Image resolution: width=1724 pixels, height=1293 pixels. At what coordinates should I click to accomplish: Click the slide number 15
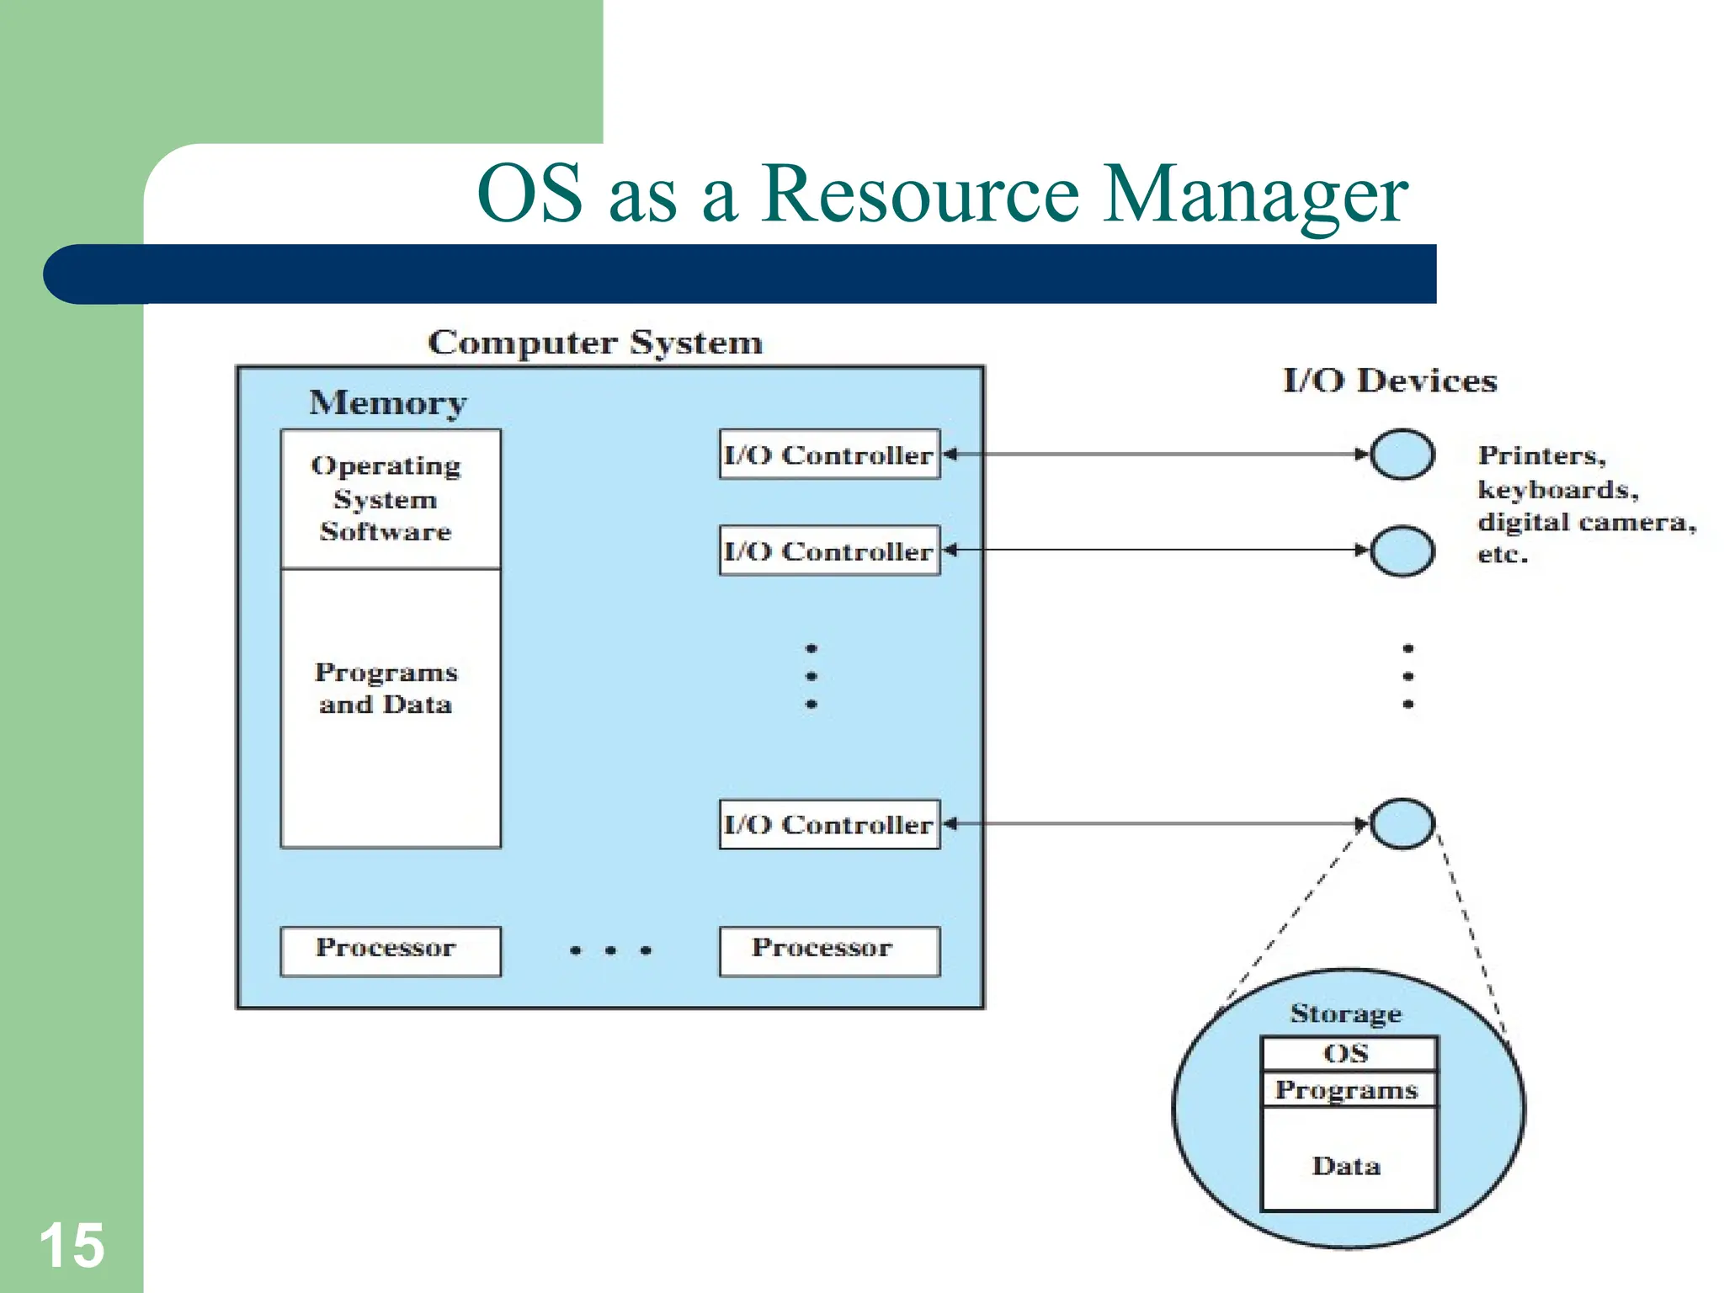pos(72,1246)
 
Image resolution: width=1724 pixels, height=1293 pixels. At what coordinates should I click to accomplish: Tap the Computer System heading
pos(595,343)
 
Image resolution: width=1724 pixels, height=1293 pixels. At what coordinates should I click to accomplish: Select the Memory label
pos(387,403)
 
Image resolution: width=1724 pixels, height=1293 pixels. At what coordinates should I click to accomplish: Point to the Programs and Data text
pos(386,688)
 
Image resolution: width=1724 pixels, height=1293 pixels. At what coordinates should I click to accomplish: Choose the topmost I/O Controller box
pos(829,455)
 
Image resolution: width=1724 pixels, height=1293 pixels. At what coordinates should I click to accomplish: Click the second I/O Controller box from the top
pos(829,551)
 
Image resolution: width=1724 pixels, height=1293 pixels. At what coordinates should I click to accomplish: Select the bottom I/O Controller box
pos(829,824)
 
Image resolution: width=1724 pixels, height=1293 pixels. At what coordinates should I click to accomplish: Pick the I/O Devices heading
pos(1390,381)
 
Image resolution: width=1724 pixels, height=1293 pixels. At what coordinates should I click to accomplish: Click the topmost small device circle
pos(1402,455)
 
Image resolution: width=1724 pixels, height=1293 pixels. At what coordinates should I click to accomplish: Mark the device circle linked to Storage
pos(1402,823)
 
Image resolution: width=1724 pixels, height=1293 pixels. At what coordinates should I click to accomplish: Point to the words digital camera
pos(1586,522)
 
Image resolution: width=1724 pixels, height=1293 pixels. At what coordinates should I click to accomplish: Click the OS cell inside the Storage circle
pos(1348,1053)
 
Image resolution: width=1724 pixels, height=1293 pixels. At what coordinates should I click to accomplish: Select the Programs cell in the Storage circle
pos(1348,1089)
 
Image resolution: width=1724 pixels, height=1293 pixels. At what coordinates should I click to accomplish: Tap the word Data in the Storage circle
pos(1347,1166)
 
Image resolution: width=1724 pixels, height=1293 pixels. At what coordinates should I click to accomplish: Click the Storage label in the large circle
pos(1346,1014)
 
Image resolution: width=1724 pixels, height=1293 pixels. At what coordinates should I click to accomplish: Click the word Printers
pos(1540,455)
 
